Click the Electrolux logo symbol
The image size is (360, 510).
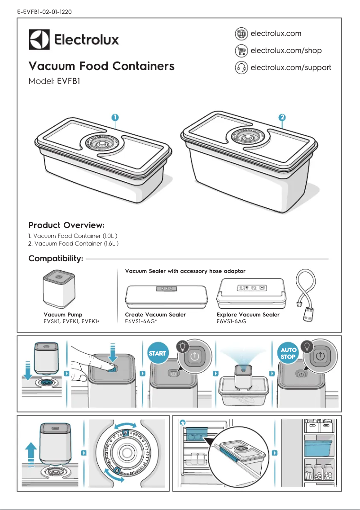(x=39, y=40)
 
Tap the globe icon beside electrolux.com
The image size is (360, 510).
(x=241, y=34)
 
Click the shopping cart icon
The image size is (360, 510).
(x=241, y=51)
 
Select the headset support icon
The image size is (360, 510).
(x=241, y=68)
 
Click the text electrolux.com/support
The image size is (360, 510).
(x=290, y=68)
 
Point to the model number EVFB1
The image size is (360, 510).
(x=68, y=82)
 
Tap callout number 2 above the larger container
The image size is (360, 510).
(x=281, y=117)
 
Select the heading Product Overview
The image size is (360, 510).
(x=66, y=225)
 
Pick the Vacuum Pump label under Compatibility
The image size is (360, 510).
(x=63, y=315)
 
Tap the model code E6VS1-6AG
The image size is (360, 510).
(x=231, y=321)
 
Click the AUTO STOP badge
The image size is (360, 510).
(x=288, y=353)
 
